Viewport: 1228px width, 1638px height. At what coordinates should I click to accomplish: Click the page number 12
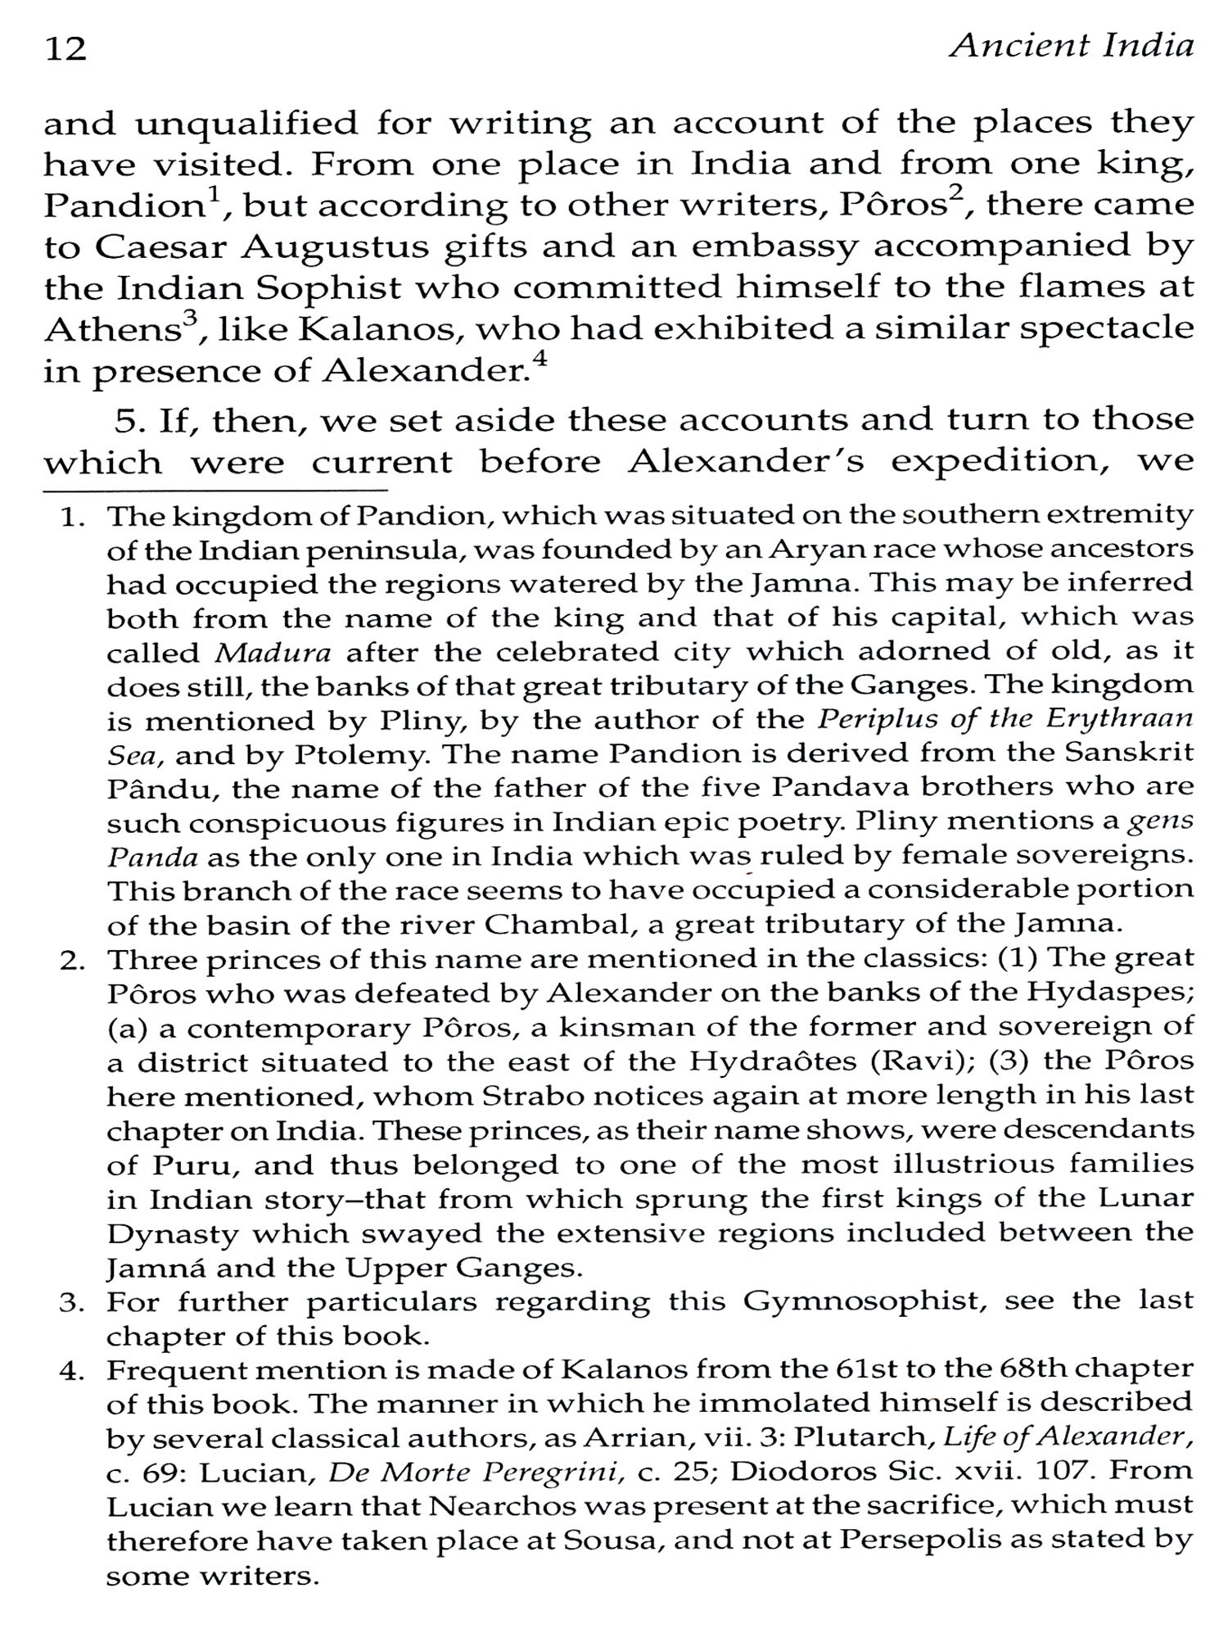pos(65,50)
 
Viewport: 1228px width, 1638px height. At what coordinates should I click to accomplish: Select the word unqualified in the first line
pos(246,124)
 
